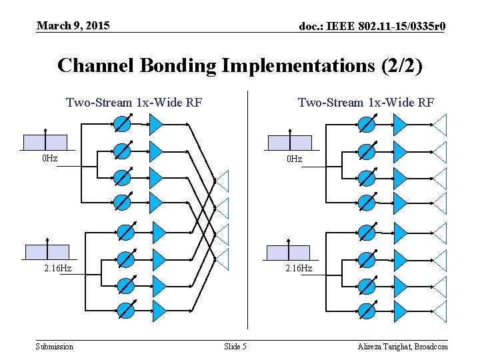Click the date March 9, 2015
[73, 26]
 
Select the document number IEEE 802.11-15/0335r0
[372, 27]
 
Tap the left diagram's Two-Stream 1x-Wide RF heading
[134, 102]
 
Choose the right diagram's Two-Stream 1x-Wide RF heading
[366, 102]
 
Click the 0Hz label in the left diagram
[49, 159]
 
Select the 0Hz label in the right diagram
[294, 159]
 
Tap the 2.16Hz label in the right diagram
[299, 268]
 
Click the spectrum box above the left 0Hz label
[45, 142]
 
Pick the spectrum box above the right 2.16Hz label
[288, 252]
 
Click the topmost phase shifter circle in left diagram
[122, 124]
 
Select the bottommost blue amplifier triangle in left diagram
[159, 311]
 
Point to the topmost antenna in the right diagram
[441, 124]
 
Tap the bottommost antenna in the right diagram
[441, 311]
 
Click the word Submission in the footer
[55, 346]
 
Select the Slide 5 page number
[235, 346]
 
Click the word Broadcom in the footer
[431, 346]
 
